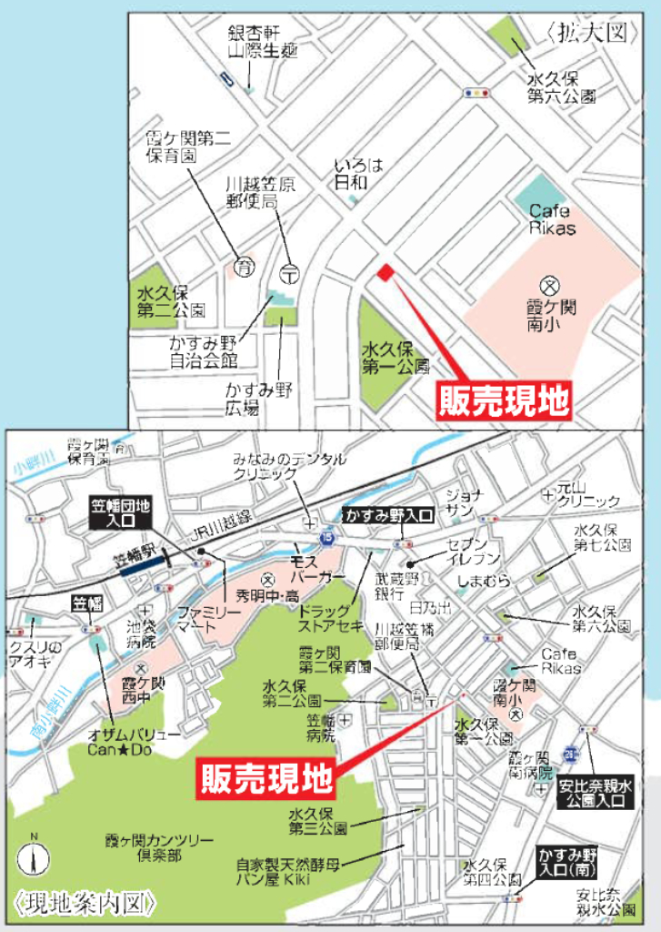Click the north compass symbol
(34, 859)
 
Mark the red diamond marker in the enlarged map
(386, 271)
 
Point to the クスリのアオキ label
(35, 654)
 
